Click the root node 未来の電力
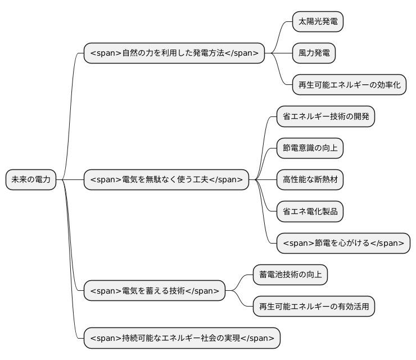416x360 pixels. (31, 179)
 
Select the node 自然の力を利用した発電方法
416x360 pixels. (174, 53)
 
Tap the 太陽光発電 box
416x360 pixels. (318, 22)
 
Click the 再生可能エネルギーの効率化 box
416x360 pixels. (349, 85)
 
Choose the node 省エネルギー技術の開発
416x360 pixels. (325, 116)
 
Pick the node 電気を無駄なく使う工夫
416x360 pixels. (166, 179)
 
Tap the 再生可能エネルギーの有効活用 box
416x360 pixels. (314, 307)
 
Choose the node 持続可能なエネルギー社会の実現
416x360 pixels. (182, 338)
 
